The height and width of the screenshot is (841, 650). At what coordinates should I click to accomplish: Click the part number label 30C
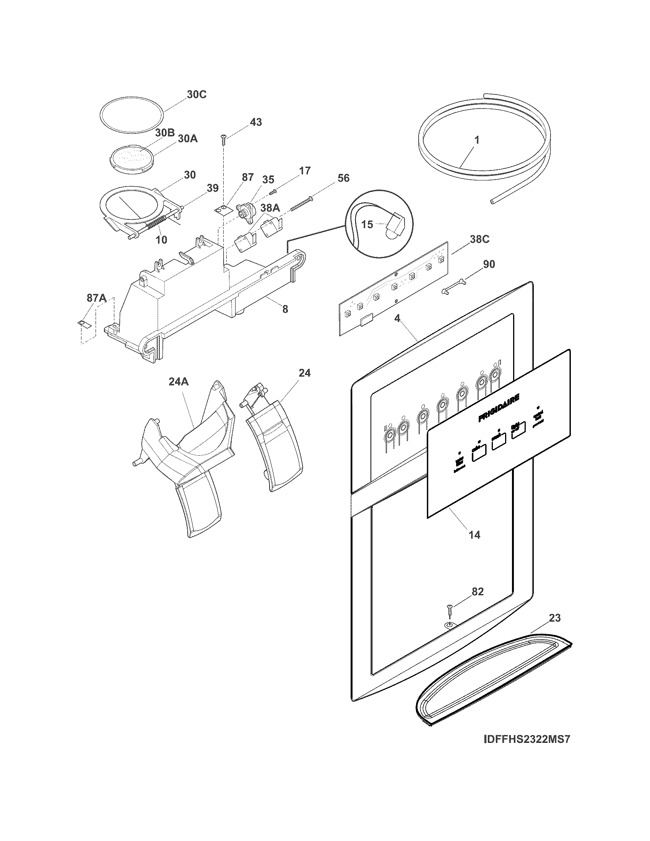click(x=197, y=94)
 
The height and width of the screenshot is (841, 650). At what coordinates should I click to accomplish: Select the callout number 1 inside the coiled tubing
click(x=477, y=140)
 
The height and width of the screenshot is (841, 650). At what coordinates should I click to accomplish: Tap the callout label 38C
click(x=479, y=239)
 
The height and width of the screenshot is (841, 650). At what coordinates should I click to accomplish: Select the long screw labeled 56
click(x=301, y=204)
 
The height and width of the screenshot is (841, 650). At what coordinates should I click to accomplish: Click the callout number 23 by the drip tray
click(x=554, y=618)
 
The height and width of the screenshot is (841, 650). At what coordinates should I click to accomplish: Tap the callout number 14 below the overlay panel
click(x=474, y=535)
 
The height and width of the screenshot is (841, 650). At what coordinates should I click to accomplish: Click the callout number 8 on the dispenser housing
click(x=285, y=309)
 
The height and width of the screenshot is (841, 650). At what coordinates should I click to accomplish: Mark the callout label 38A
click(x=270, y=208)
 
